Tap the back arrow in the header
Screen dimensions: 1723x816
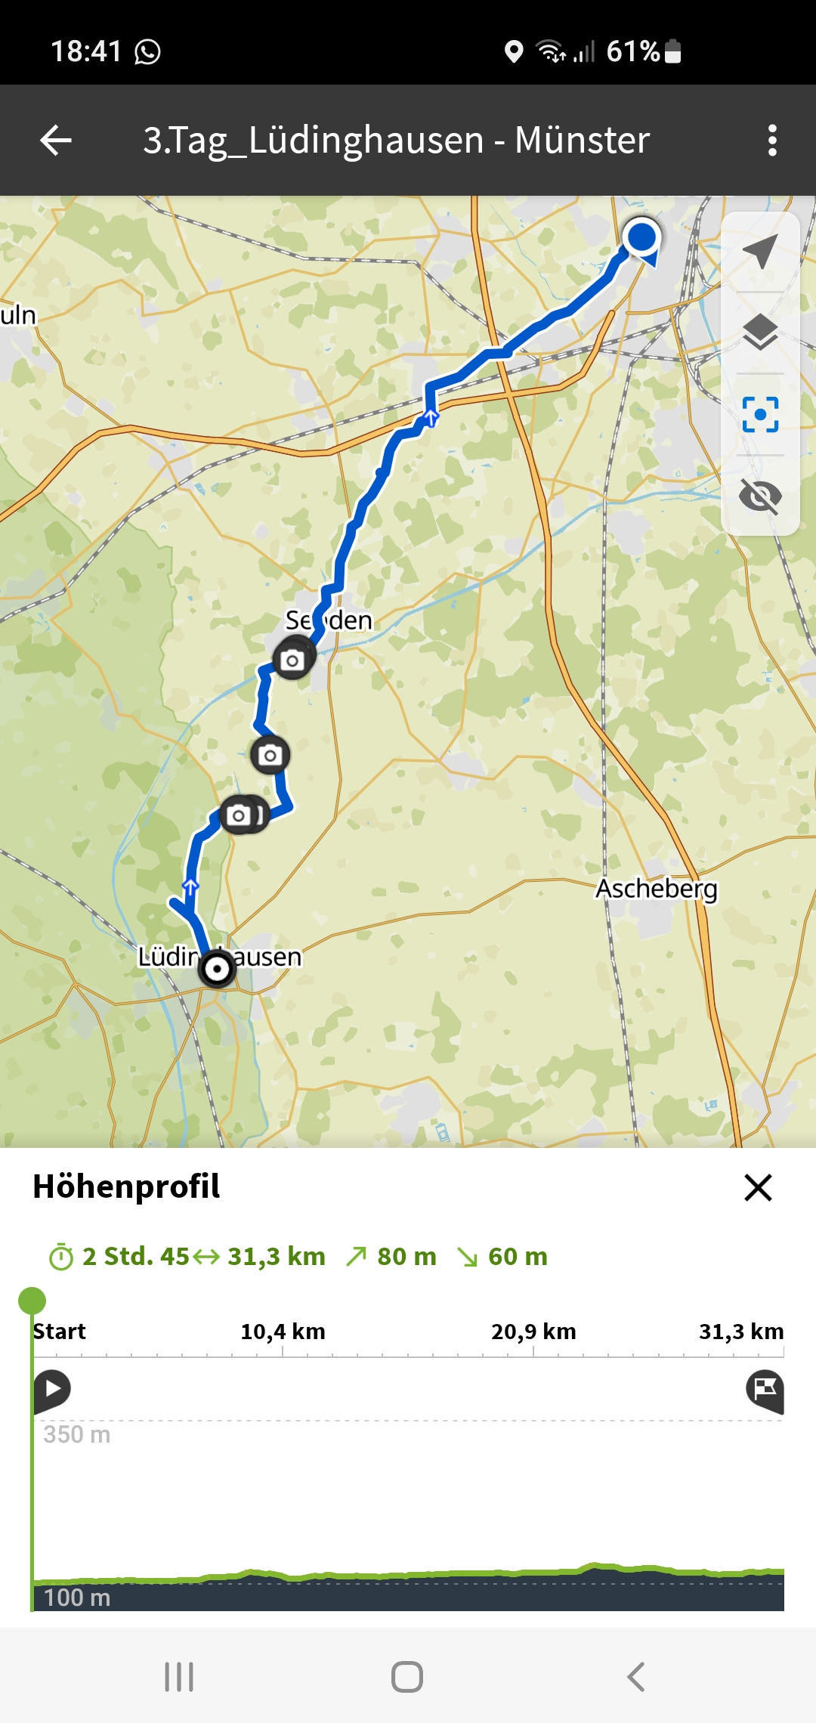[x=56, y=140]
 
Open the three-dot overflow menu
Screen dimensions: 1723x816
[x=771, y=140]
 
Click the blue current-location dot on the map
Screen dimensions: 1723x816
[x=641, y=237]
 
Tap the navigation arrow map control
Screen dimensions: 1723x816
[x=760, y=252]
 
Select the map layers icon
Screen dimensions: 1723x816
[x=760, y=333]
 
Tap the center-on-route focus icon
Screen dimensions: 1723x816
[x=760, y=414]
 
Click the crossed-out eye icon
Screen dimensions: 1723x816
[x=760, y=496]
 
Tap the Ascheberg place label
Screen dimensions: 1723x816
[x=656, y=889]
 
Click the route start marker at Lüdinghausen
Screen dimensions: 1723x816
[x=217, y=968]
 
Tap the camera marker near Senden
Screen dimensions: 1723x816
[x=292, y=660]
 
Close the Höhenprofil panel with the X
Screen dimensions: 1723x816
[x=758, y=1187]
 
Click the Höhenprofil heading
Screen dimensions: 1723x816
[x=126, y=1186]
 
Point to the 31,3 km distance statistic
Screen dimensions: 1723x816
[x=276, y=1256]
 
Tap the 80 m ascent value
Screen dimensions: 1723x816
[x=406, y=1256]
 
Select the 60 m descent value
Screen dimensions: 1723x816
[x=518, y=1256]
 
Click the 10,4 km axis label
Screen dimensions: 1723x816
[x=283, y=1331]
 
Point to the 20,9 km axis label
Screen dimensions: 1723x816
[x=533, y=1331]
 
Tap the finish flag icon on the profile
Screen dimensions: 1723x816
[x=765, y=1390]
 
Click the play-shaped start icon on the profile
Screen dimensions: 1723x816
[x=52, y=1389]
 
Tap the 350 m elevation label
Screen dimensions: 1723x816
[x=77, y=1434]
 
